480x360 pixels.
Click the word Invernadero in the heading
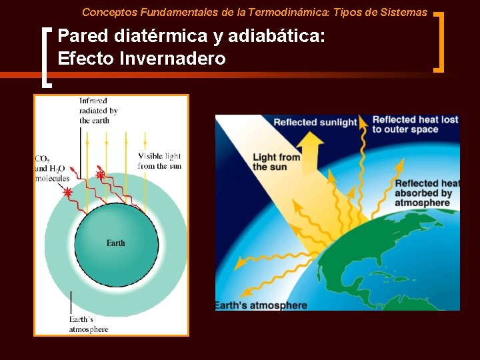173,59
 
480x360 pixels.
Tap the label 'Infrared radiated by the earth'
98,111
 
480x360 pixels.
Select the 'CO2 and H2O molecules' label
52,169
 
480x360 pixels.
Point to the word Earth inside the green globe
115,243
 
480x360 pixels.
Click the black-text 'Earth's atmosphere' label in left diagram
88,325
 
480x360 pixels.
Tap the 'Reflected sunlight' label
315,122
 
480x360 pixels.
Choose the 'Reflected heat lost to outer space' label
415,124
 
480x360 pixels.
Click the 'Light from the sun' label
276,162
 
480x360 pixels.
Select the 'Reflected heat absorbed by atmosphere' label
427,193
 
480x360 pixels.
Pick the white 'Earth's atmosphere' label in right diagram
261,305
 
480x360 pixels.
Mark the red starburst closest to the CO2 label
67,191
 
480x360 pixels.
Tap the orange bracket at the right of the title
439,41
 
